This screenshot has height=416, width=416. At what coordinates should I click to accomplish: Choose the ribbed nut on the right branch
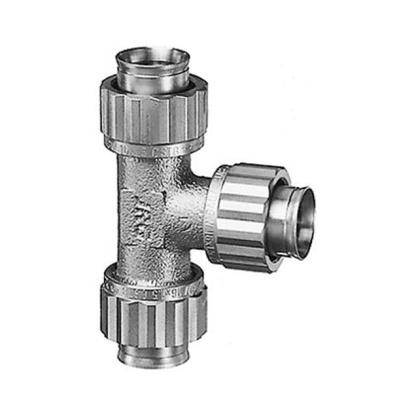tap(237, 218)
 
